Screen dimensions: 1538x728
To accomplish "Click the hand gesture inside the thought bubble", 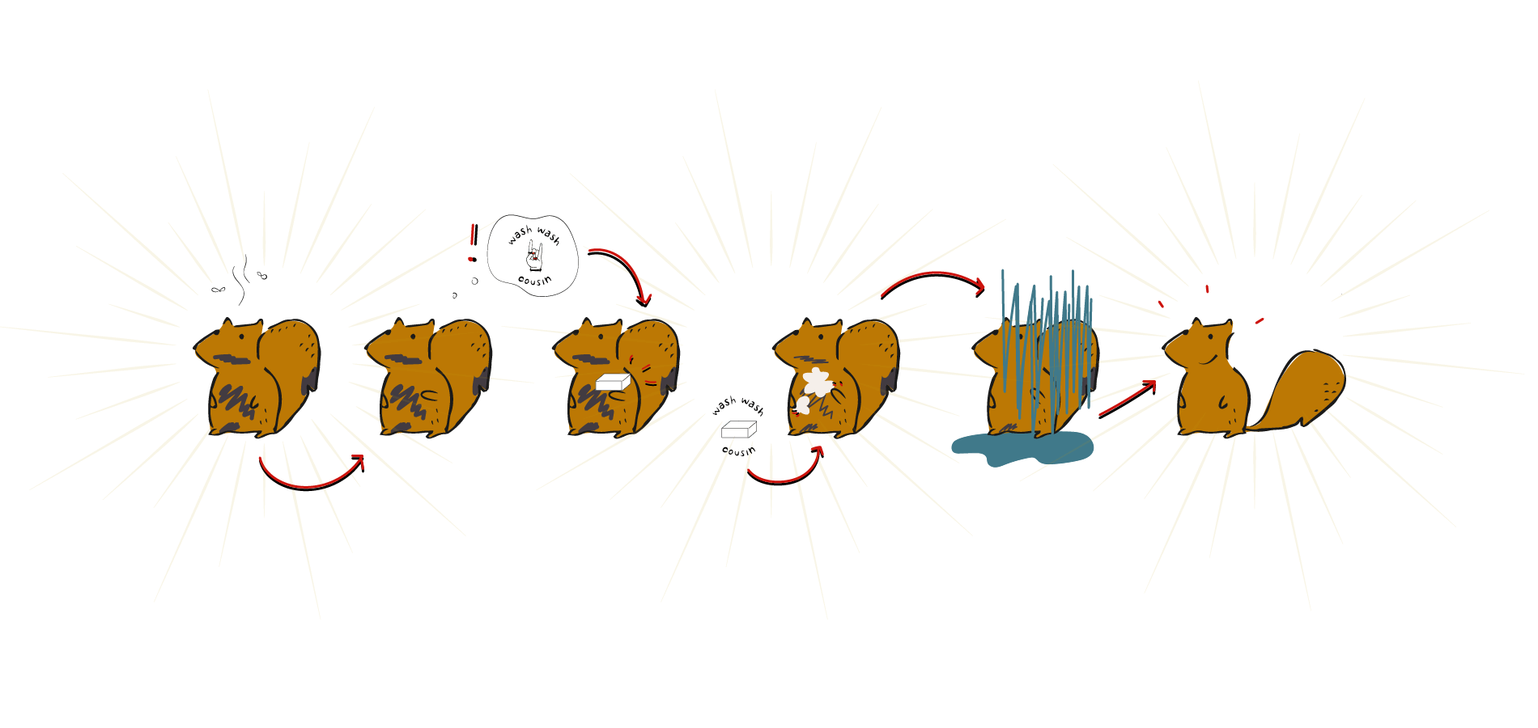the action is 535,256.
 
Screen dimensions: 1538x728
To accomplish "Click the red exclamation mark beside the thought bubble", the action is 473,243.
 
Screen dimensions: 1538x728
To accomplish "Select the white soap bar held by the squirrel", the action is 613,382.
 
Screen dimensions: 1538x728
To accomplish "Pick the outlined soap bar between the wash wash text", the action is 738,430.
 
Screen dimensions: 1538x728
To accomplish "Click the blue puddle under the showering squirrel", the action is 1022,449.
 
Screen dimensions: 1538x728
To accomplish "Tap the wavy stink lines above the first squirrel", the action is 240,280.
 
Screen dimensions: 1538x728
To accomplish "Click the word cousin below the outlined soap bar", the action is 738,451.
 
